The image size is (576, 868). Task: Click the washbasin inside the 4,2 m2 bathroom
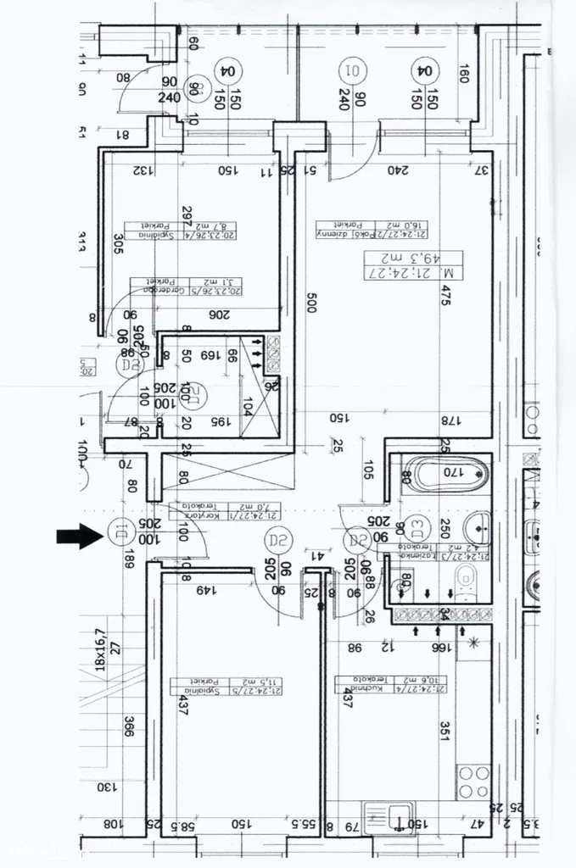(478, 528)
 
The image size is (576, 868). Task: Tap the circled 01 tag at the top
(350, 69)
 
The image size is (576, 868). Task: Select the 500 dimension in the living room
(311, 301)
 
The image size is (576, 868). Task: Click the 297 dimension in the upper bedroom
(187, 217)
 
